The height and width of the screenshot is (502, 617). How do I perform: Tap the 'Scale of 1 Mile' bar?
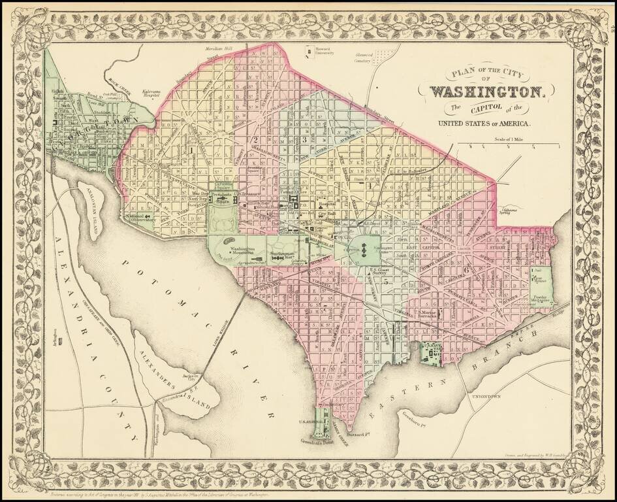tap(509, 144)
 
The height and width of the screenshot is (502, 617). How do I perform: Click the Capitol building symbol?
tap(369, 248)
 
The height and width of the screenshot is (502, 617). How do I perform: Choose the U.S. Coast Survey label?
tap(381, 273)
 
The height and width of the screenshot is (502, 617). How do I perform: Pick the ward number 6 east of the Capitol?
tap(466, 269)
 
